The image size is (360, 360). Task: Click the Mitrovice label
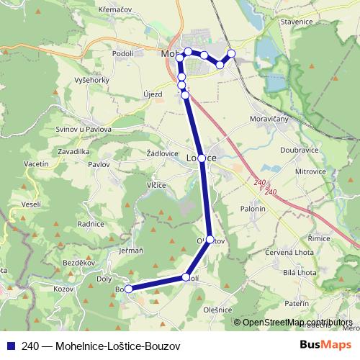point(311,172)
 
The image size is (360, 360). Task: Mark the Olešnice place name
point(217,310)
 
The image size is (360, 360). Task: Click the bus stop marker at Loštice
point(202,158)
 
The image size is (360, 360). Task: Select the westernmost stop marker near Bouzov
point(129,289)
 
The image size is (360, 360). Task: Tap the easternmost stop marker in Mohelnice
point(231,53)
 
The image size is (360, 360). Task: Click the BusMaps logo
point(322,345)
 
